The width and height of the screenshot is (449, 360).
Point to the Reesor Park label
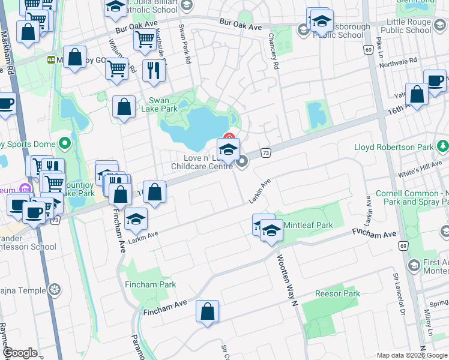337,293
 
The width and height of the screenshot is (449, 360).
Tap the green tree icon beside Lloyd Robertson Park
443,146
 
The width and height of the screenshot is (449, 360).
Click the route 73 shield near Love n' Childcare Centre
265,154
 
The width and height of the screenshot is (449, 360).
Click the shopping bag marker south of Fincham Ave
207,311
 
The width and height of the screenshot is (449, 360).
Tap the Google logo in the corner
20,353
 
